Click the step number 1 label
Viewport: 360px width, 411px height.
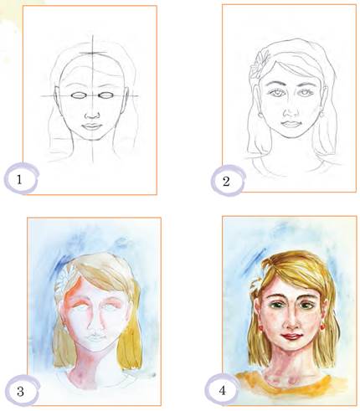point(19,179)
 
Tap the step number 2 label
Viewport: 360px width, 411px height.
point(226,182)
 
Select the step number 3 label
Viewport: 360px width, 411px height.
point(20,392)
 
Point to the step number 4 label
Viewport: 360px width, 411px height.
point(222,390)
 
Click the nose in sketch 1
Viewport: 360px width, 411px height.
point(92,115)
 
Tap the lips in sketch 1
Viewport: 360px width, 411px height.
point(92,126)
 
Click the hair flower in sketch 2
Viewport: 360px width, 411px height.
point(258,64)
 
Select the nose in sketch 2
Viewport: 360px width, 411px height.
point(291,112)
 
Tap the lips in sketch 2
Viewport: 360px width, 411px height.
point(291,124)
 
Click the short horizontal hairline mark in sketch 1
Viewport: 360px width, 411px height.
point(93,53)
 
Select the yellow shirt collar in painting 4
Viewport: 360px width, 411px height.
point(291,387)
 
